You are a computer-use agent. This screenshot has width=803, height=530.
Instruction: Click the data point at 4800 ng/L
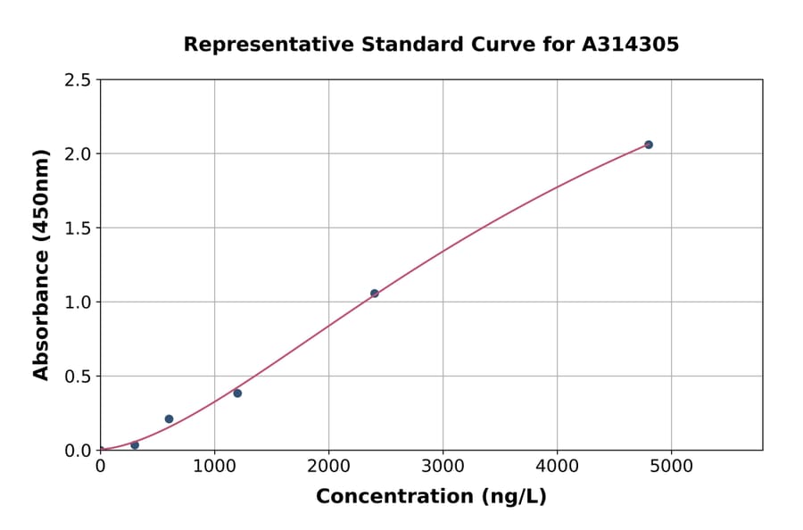[649, 145]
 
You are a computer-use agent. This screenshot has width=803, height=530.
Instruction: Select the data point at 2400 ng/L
[375, 294]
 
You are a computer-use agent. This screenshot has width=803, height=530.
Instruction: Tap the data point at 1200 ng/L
[237, 393]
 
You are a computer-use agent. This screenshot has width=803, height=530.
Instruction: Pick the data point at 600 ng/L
[169, 419]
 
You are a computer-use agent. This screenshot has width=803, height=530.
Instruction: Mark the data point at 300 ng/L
[135, 445]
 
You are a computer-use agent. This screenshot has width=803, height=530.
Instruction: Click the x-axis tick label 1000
[214, 467]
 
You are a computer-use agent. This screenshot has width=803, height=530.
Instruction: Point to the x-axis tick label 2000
[328, 467]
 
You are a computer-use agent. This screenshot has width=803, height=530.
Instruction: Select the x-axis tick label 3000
[443, 467]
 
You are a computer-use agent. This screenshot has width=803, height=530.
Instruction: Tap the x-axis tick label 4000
[558, 467]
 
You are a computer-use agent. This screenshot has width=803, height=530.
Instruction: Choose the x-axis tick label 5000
[672, 467]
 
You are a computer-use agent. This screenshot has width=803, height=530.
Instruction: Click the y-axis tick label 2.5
[77, 80]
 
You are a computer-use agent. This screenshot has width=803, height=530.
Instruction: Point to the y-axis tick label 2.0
[77, 154]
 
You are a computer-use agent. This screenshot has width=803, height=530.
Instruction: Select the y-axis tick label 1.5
[77, 228]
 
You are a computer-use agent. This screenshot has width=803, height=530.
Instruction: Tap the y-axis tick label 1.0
[77, 302]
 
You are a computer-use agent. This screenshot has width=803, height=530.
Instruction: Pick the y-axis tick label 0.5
[77, 377]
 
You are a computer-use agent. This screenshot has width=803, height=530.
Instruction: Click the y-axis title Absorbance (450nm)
[41, 265]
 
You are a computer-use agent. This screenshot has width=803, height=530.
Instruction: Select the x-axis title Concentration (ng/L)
[431, 497]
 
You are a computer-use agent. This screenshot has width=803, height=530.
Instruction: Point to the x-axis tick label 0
[100, 467]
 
